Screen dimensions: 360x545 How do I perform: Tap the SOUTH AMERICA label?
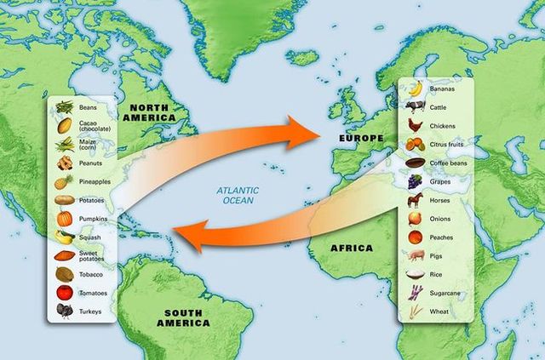[183, 318]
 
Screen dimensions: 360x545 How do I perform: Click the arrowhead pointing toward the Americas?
[188, 235]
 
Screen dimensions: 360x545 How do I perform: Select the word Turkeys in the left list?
[90, 311]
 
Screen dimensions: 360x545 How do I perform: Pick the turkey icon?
[64, 311]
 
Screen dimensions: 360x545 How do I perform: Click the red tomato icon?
[64, 293]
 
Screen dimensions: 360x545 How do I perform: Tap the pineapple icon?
[64, 181]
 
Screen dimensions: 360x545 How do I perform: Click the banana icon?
[415, 89]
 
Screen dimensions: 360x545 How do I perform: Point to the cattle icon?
[415, 106]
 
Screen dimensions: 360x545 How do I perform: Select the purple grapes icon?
[415, 181]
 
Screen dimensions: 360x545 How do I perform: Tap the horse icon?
[415, 200]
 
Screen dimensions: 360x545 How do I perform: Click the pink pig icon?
[415, 255]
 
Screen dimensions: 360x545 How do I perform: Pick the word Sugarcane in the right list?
[446, 293]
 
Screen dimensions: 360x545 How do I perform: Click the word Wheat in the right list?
[440, 311]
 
